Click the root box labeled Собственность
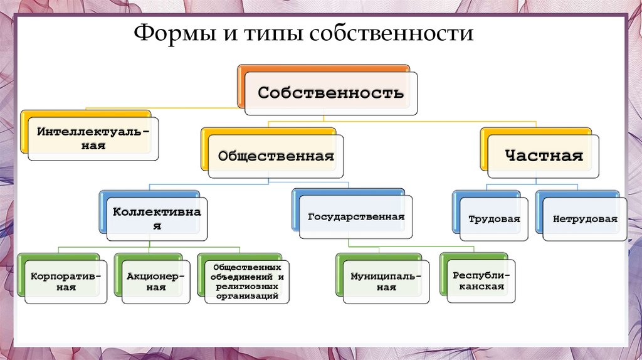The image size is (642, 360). click(331, 93)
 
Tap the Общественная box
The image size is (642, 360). click(276, 156)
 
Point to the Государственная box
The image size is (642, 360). click(355, 217)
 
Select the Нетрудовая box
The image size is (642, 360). click(585, 220)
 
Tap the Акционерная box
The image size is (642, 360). click(155, 282)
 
